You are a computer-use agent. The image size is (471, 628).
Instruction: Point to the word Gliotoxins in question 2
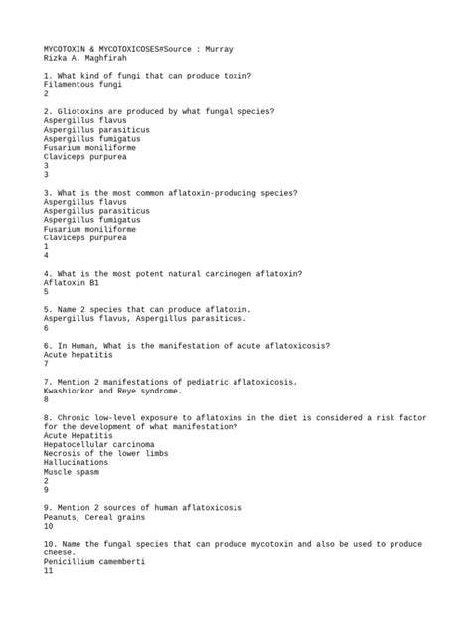pos(84,111)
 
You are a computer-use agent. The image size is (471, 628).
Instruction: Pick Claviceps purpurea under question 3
pos(84,237)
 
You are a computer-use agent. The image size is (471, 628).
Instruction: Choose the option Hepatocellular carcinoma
pos(98,444)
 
